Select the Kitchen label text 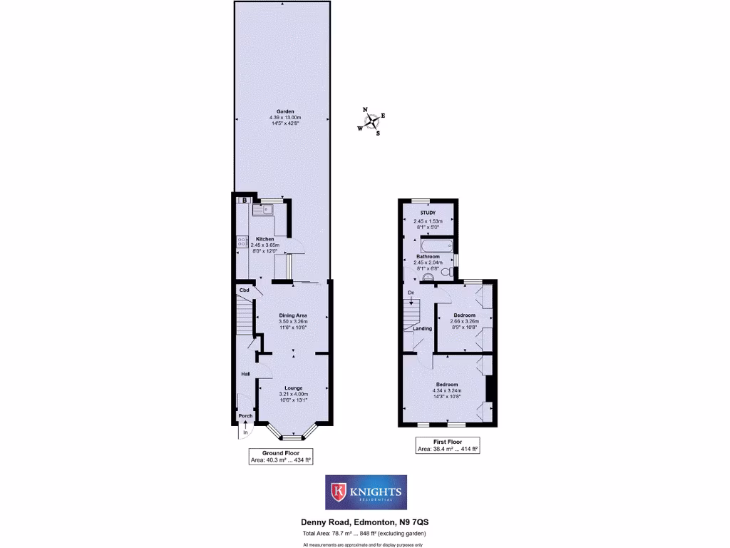pyautogui.click(x=265, y=238)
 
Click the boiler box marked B pyautogui.click(x=245, y=201)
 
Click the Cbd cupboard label pyautogui.click(x=245, y=290)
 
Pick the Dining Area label pyautogui.click(x=293, y=315)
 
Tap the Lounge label pyautogui.click(x=293, y=387)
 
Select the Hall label pyautogui.click(x=245, y=374)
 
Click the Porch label pyautogui.click(x=245, y=416)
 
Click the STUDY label pyautogui.click(x=428, y=213)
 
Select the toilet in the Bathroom pyautogui.click(x=446, y=272)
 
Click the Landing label pyautogui.click(x=422, y=328)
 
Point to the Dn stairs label pyautogui.click(x=411, y=293)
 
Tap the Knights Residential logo pyautogui.click(x=366, y=492)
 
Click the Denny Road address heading pyautogui.click(x=365, y=523)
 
